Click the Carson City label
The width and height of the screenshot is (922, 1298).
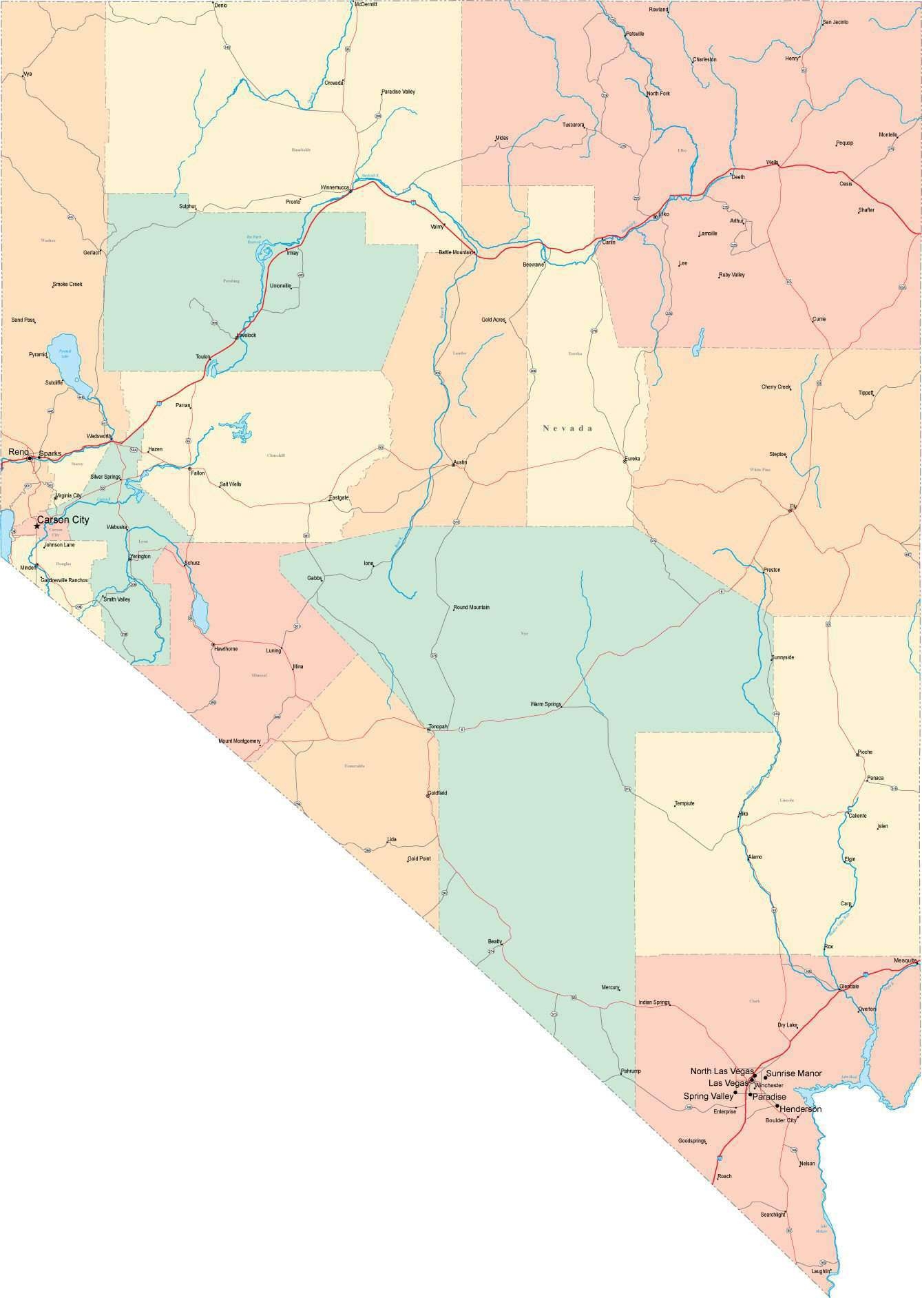(x=63, y=519)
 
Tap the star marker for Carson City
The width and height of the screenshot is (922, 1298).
(x=37, y=526)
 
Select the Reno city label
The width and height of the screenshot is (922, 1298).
(x=18, y=452)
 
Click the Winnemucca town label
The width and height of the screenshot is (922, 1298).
(x=335, y=187)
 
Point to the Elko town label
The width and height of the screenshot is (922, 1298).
(x=664, y=214)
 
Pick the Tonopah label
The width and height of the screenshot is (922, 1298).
(x=438, y=727)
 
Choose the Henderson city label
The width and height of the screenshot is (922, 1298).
(x=800, y=1109)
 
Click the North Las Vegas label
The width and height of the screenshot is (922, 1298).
(x=722, y=1071)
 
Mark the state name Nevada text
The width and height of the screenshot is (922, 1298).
(x=567, y=428)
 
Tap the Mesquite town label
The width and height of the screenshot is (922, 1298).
(x=905, y=960)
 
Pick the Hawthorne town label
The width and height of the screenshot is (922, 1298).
(x=226, y=649)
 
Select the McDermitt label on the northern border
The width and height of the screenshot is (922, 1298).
(x=366, y=4)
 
